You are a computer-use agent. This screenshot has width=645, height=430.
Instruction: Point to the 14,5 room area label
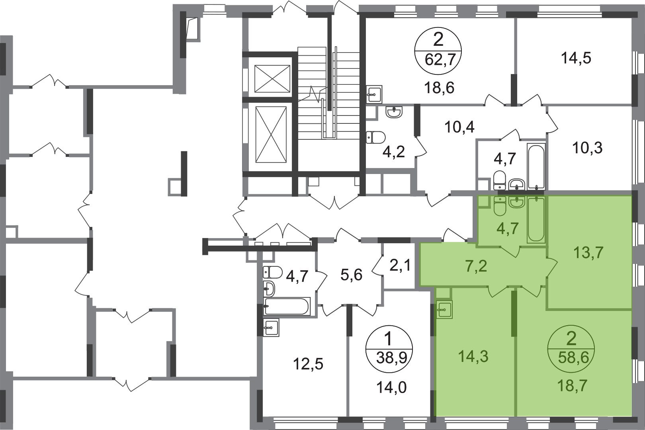[x=576, y=59]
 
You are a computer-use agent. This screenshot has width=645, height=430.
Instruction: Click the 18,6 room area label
[x=440, y=88]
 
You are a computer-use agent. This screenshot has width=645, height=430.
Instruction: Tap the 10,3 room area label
[x=587, y=149]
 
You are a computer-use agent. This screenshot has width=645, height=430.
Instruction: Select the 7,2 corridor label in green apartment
[x=476, y=266]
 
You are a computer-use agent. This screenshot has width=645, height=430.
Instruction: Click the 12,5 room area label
[x=308, y=364]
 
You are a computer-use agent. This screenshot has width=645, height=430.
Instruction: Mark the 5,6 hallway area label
[x=352, y=276]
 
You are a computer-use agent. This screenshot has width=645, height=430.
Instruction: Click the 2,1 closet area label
[x=400, y=265]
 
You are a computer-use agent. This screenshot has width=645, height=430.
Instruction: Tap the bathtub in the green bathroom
[x=536, y=220]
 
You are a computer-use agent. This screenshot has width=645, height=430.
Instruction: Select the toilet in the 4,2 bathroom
[x=376, y=137]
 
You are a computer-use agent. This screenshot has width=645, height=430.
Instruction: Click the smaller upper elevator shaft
[x=272, y=78]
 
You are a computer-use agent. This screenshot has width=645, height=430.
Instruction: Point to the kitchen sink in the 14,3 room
[x=444, y=309]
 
